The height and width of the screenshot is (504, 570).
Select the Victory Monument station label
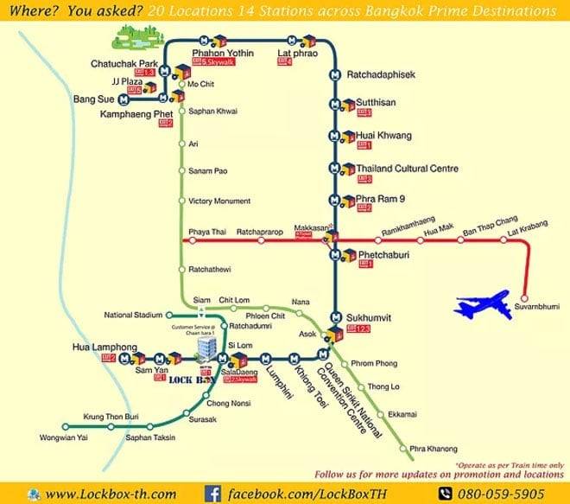point(219,201)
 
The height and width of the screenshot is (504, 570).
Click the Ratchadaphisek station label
point(381,75)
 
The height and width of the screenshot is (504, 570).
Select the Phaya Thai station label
point(205,232)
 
